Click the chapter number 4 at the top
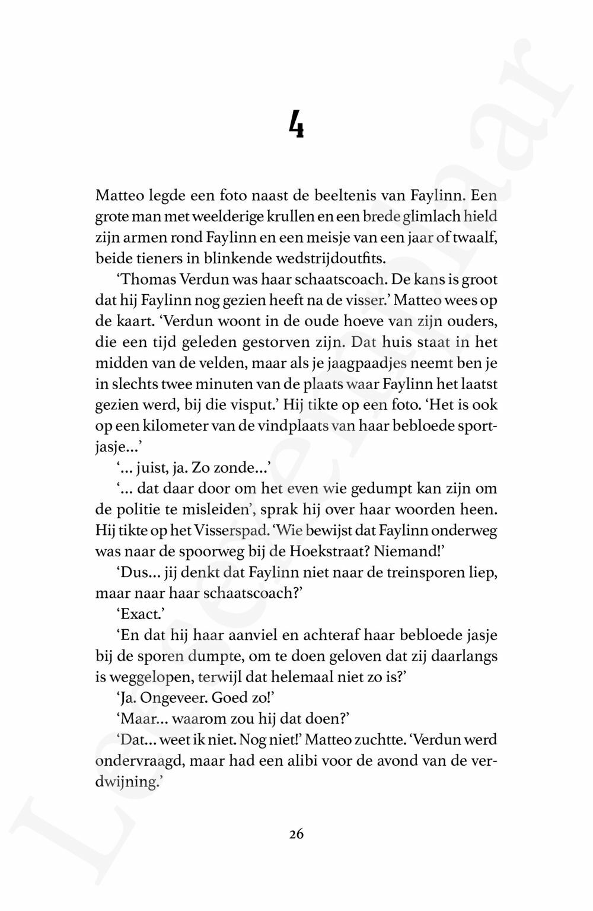pos(296,124)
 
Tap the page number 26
pos(296,834)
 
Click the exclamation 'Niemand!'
pos(410,551)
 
